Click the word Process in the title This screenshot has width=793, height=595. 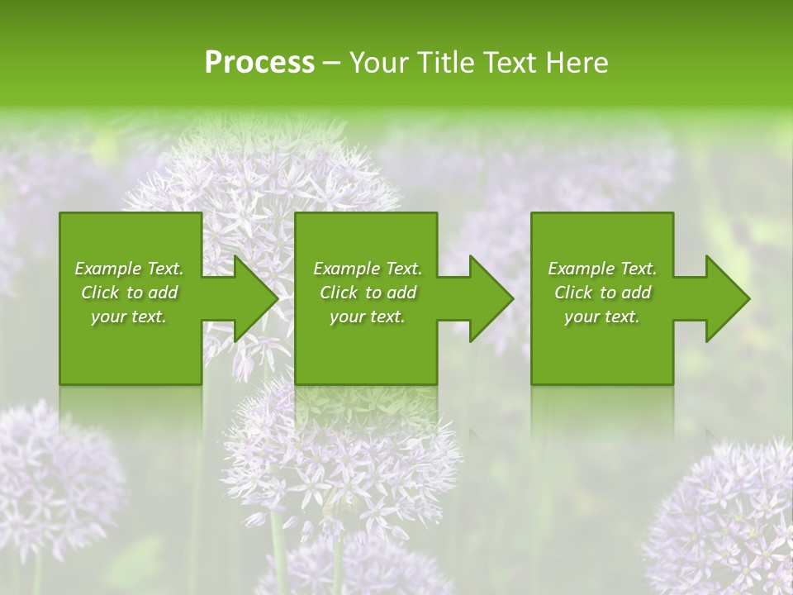pyautogui.click(x=259, y=63)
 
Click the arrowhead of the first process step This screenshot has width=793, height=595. pyautogui.click(x=252, y=298)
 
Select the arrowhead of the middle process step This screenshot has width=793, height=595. pyautogui.click(x=488, y=298)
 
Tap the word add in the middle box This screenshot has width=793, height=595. pyautogui.click(x=401, y=293)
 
